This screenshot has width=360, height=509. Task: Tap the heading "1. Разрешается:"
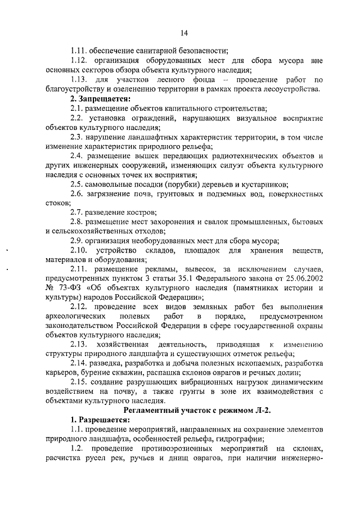tap(100, 421)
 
